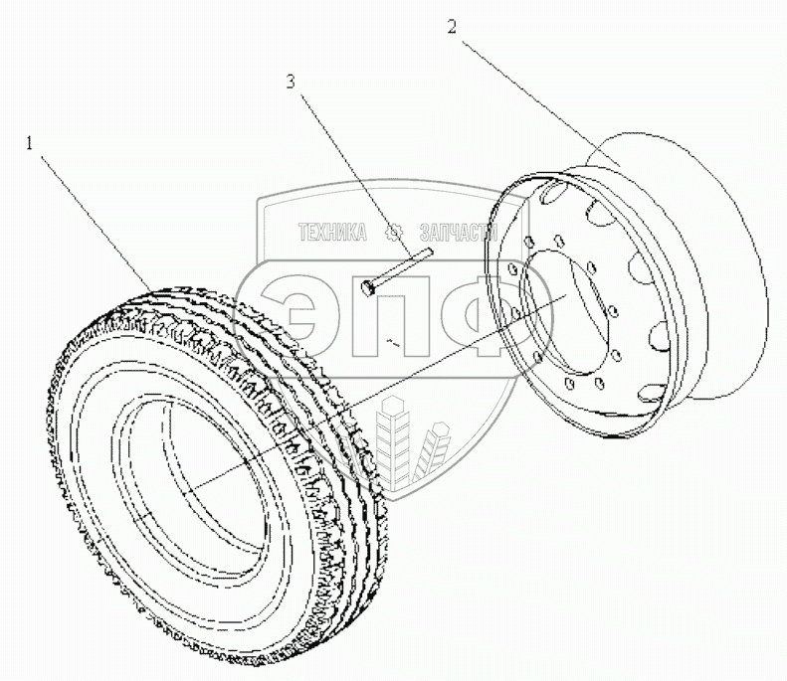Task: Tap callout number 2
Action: [452, 28]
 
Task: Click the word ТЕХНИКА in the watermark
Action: [332, 233]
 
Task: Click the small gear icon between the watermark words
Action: [391, 233]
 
